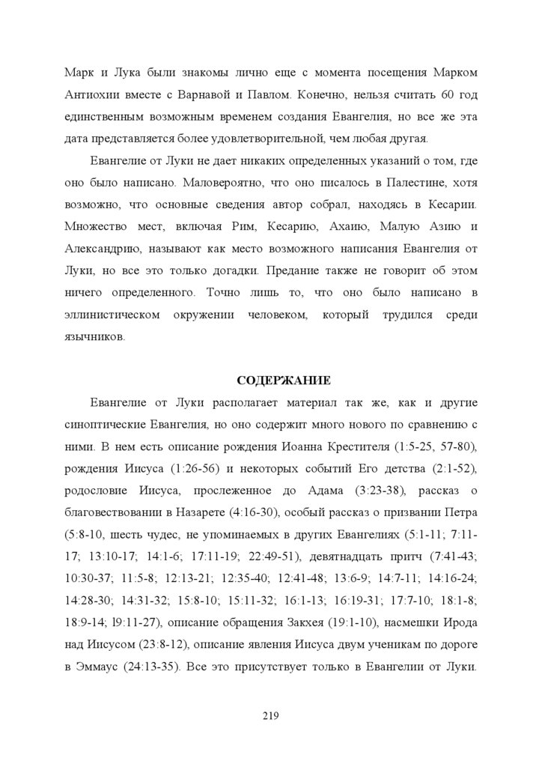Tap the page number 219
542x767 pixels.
point(270,717)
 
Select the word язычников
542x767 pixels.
point(95,337)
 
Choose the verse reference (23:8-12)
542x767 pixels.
point(153,646)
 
